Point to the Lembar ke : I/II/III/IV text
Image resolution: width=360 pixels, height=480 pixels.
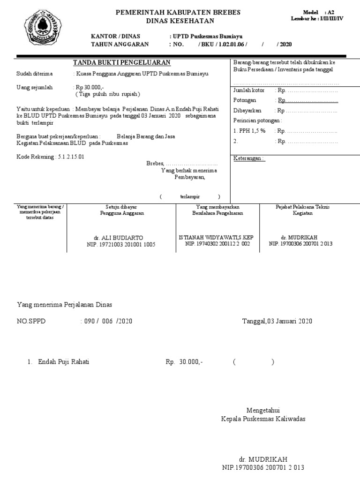tap(317, 19)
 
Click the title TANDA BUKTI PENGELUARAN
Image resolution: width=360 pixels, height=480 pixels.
tap(121, 63)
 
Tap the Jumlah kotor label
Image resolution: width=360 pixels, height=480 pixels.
tap(249, 90)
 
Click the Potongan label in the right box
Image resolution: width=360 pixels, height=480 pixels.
tap(245, 100)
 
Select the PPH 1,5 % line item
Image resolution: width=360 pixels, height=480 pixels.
tap(249, 131)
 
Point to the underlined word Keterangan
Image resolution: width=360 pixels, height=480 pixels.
tap(249, 158)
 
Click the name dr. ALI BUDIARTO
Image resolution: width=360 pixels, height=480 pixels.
tap(121, 238)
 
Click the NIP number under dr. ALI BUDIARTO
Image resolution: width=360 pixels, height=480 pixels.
tap(121, 244)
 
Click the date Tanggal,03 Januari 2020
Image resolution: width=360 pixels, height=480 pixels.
tap(277, 321)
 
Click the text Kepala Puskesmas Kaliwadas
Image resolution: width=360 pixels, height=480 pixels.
tap(263, 419)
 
